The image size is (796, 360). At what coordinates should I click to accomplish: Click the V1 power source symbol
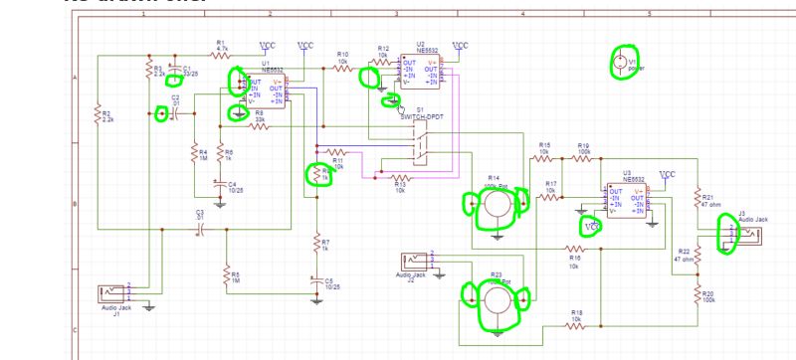[x=620, y=63]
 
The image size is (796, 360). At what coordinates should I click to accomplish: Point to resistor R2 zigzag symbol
[x=98, y=116]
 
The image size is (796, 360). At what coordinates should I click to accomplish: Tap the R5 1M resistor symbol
[x=225, y=275]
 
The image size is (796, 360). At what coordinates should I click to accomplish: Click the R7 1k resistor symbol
[x=316, y=244]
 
